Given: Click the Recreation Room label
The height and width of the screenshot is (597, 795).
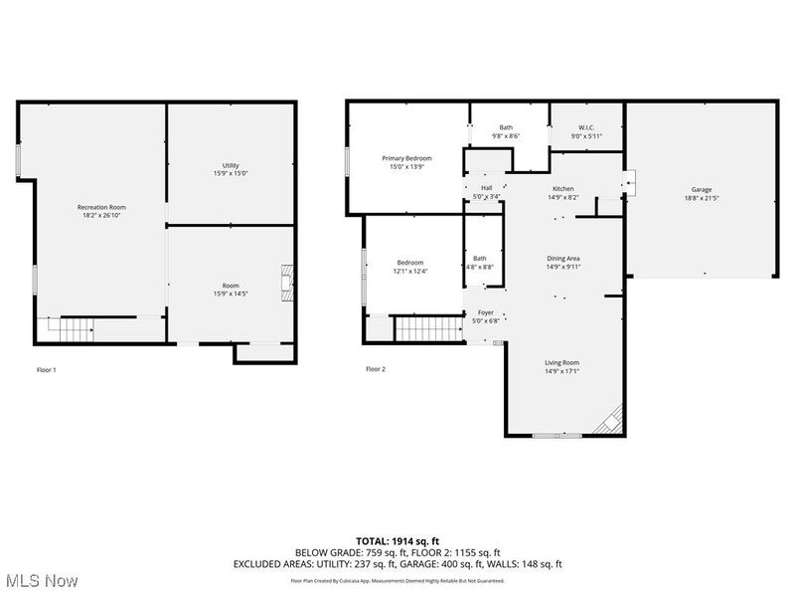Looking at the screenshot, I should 101,207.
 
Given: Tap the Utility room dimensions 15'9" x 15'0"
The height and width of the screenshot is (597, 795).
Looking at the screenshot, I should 231,174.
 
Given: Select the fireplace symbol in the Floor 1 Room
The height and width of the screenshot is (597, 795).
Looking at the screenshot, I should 287,283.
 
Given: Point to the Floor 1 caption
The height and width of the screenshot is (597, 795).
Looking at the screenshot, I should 47,369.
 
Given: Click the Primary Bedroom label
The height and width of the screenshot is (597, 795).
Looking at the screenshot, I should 407,158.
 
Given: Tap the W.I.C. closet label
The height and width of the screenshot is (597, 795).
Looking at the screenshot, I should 586,127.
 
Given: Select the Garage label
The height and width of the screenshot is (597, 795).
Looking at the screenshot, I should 701,189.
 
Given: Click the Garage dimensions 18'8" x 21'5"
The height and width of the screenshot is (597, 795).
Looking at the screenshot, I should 701,198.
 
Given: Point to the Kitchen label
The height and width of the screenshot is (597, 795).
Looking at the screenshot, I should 563,188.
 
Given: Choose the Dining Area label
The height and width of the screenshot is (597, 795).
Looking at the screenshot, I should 562,258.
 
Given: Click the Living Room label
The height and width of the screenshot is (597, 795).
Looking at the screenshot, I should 561,363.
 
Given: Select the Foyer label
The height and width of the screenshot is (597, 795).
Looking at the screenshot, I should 486,312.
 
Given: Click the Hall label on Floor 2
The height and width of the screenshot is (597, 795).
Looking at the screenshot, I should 487,188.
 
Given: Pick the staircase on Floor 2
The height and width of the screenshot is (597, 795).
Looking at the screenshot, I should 427,327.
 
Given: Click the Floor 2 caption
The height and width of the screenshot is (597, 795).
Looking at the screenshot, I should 375,369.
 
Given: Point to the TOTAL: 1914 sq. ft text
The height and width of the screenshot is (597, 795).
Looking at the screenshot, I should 397,540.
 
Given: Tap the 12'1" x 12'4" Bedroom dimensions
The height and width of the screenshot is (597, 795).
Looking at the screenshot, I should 410,272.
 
